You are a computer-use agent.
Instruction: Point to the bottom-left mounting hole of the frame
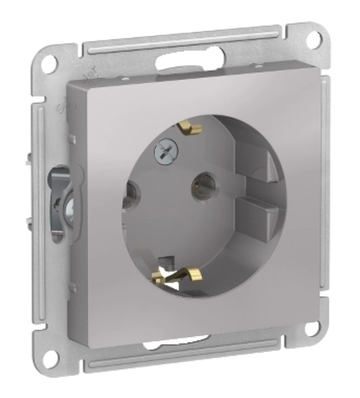tap(52, 356)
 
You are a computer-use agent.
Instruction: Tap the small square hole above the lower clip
tap(165, 261)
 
